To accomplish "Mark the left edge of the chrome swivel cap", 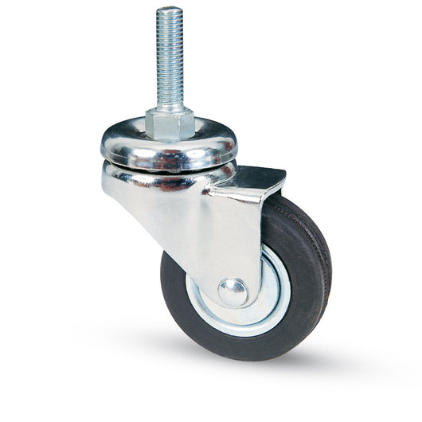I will pyautogui.click(x=103, y=147).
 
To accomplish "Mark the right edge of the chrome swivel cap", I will pyautogui.click(x=236, y=147).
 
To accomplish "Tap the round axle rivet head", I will pyautogui.click(x=232, y=291).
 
